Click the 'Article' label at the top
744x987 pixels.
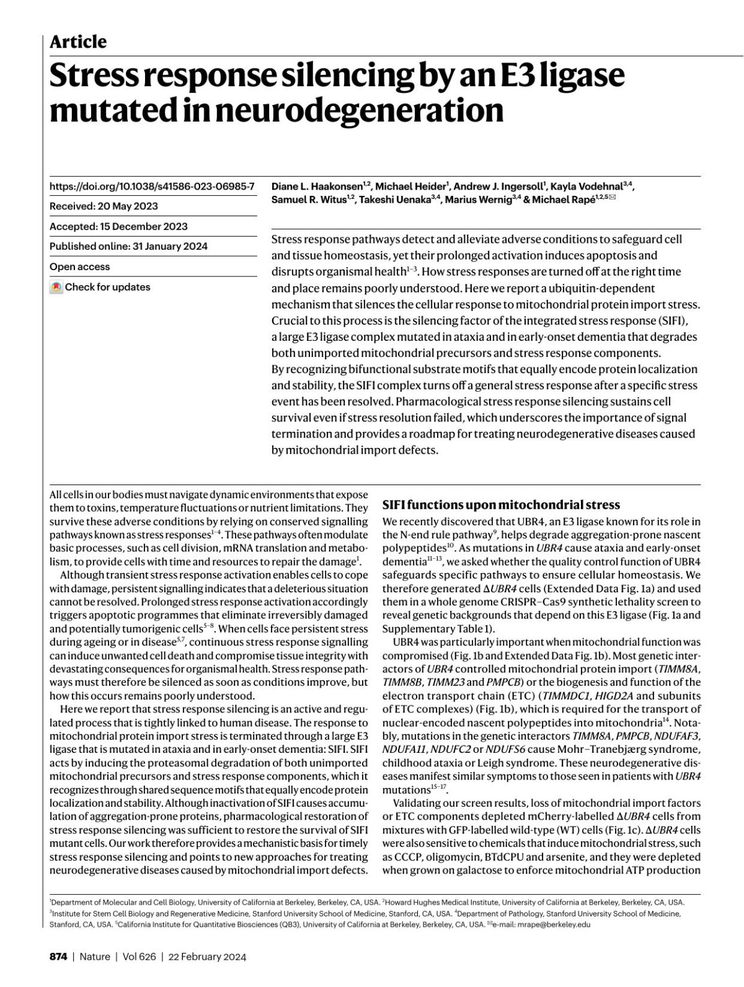coord(77,42)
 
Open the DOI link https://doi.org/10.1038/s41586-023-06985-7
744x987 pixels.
coord(152,186)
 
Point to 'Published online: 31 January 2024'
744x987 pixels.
coord(128,247)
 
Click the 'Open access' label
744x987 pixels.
coord(79,267)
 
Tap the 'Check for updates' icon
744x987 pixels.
coord(56,287)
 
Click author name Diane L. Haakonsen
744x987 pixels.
coord(317,186)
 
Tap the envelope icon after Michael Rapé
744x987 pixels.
coord(613,199)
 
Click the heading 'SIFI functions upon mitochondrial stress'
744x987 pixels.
coord(501,504)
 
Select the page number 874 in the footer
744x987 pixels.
coord(58,957)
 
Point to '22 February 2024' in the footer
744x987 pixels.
coord(207,957)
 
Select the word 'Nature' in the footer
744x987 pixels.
coord(95,957)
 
